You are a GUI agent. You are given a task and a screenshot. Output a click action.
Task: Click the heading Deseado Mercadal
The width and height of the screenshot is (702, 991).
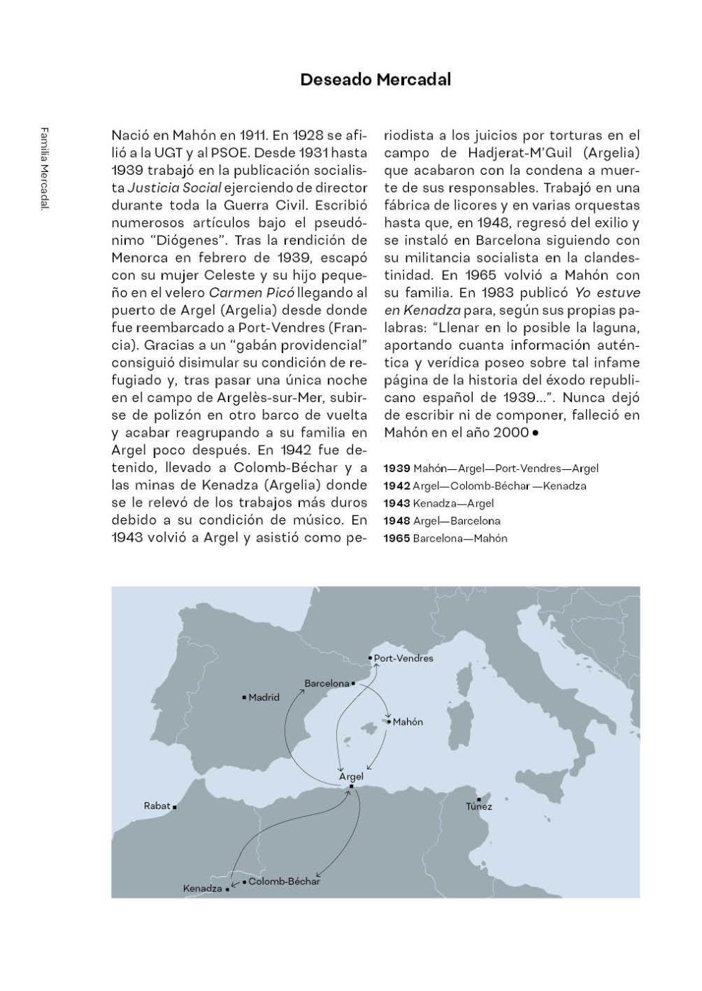[375, 79]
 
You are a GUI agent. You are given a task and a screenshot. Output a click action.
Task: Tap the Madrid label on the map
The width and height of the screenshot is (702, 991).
[264, 697]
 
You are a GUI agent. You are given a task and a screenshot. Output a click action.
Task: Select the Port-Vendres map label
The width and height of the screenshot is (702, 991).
[403, 658]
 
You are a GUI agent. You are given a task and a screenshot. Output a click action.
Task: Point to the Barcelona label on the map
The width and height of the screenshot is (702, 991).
[327, 684]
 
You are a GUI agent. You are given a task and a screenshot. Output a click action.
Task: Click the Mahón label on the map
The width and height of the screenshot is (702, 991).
[408, 722]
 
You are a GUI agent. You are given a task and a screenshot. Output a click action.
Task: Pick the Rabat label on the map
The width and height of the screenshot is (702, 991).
[157, 806]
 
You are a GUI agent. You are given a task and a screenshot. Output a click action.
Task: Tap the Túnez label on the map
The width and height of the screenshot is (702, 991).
[479, 806]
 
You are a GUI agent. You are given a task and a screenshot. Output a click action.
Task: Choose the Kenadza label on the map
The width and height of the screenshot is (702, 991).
[202, 888]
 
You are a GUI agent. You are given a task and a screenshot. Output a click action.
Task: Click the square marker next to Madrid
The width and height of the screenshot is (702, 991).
[244, 698]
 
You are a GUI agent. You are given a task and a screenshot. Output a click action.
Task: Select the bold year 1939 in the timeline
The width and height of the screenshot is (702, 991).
[396, 469]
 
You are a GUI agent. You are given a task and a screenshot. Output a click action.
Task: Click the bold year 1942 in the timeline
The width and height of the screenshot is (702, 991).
[396, 486]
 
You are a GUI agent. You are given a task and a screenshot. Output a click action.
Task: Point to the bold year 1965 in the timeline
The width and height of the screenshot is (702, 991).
[396, 539]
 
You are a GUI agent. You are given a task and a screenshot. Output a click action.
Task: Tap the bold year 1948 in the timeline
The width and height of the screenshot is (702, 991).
[396, 521]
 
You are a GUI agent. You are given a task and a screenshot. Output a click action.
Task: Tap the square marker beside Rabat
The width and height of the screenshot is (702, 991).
[175, 806]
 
